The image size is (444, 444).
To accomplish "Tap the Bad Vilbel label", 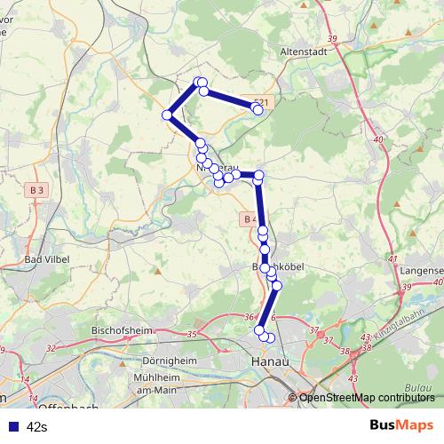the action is click(47, 259).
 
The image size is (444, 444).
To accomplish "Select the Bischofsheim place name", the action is click(123, 330).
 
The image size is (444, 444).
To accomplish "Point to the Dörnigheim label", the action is click(169, 362).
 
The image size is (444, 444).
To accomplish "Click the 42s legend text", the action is click(37, 426).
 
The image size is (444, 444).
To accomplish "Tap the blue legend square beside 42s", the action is click(12, 426).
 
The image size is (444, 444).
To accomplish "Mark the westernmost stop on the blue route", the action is click(167, 115).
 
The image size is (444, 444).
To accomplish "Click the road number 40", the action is click(378, 139).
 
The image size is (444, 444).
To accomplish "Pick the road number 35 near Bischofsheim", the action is click(193, 335).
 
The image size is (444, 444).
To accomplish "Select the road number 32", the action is click(50, 349).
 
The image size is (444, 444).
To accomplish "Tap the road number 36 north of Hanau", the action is click(250, 318).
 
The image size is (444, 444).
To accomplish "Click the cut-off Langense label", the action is click(422, 269).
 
